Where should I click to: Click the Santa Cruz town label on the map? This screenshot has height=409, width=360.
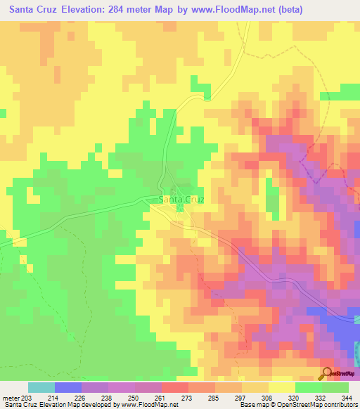coord(182,199)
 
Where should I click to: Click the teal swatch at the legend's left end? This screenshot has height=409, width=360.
coord(41,387)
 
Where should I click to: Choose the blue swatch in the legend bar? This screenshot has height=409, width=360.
coord(67,387)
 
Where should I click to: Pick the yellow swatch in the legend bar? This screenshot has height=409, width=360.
coord(281,387)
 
